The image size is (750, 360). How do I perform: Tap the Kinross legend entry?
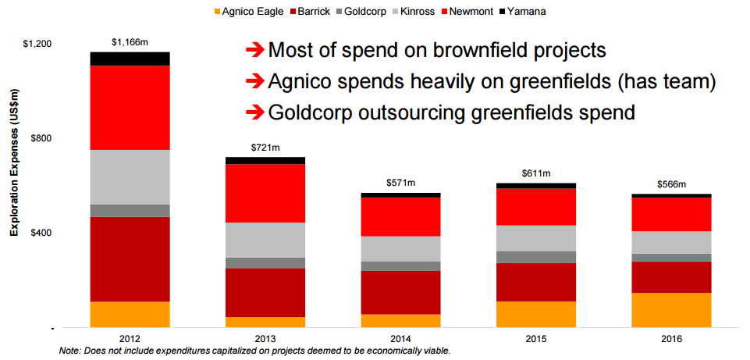point(414,12)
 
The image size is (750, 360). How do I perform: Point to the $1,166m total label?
point(130,42)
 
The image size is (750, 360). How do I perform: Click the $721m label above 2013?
point(265,148)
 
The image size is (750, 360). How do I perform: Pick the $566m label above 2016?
point(671,185)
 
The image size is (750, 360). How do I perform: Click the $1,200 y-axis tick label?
point(37,44)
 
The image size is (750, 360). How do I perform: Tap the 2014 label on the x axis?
point(400,339)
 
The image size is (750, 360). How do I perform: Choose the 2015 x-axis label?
point(535,339)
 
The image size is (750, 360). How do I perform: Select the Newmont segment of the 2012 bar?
point(130,108)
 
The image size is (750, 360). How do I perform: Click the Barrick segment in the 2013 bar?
point(265,293)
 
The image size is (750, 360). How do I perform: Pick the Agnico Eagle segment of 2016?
point(671,310)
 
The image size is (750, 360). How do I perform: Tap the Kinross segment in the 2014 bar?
point(400,249)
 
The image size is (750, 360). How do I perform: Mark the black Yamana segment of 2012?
point(130,59)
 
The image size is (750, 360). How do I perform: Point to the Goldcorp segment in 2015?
point(535,257)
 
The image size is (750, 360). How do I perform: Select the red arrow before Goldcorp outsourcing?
point(254,113)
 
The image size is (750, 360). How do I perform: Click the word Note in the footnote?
point(69,351)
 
